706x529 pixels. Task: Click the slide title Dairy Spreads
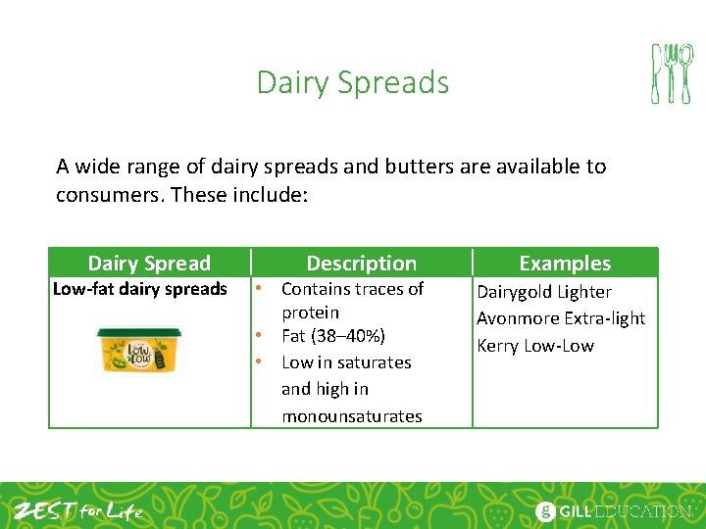click(352, 82)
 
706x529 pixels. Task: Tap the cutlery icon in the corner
click(672, 73)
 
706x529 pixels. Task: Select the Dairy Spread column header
click(149, 263)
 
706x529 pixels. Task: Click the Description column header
click(361, 263)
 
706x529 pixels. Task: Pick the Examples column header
click(564, 263)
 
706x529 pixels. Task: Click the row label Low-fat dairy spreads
click(139, 289)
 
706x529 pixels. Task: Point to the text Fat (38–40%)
click(332, 336)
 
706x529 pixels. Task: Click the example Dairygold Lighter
click(543, 292)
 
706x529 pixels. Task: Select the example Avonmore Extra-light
click(561, 318)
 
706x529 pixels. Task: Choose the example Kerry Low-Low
click(534, 346)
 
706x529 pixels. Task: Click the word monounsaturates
click(351, 416)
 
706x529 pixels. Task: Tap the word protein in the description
click(310, 313)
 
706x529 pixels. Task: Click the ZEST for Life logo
click(78, 510)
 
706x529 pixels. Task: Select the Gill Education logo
click(613, 510)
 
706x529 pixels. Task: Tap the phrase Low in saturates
click(345, 362)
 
